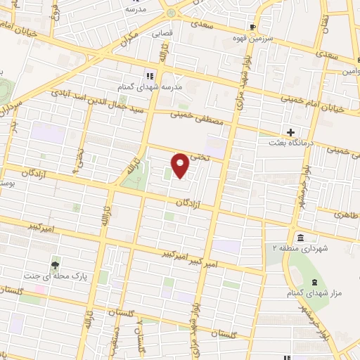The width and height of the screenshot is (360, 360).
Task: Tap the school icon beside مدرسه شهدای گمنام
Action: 150,75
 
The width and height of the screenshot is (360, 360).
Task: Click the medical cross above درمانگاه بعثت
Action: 290,132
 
